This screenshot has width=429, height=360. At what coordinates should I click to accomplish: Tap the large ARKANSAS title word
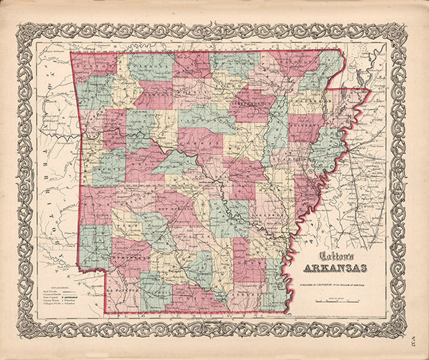click(x=335, y=269)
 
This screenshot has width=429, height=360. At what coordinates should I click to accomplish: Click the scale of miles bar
click(x=335, y=291)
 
